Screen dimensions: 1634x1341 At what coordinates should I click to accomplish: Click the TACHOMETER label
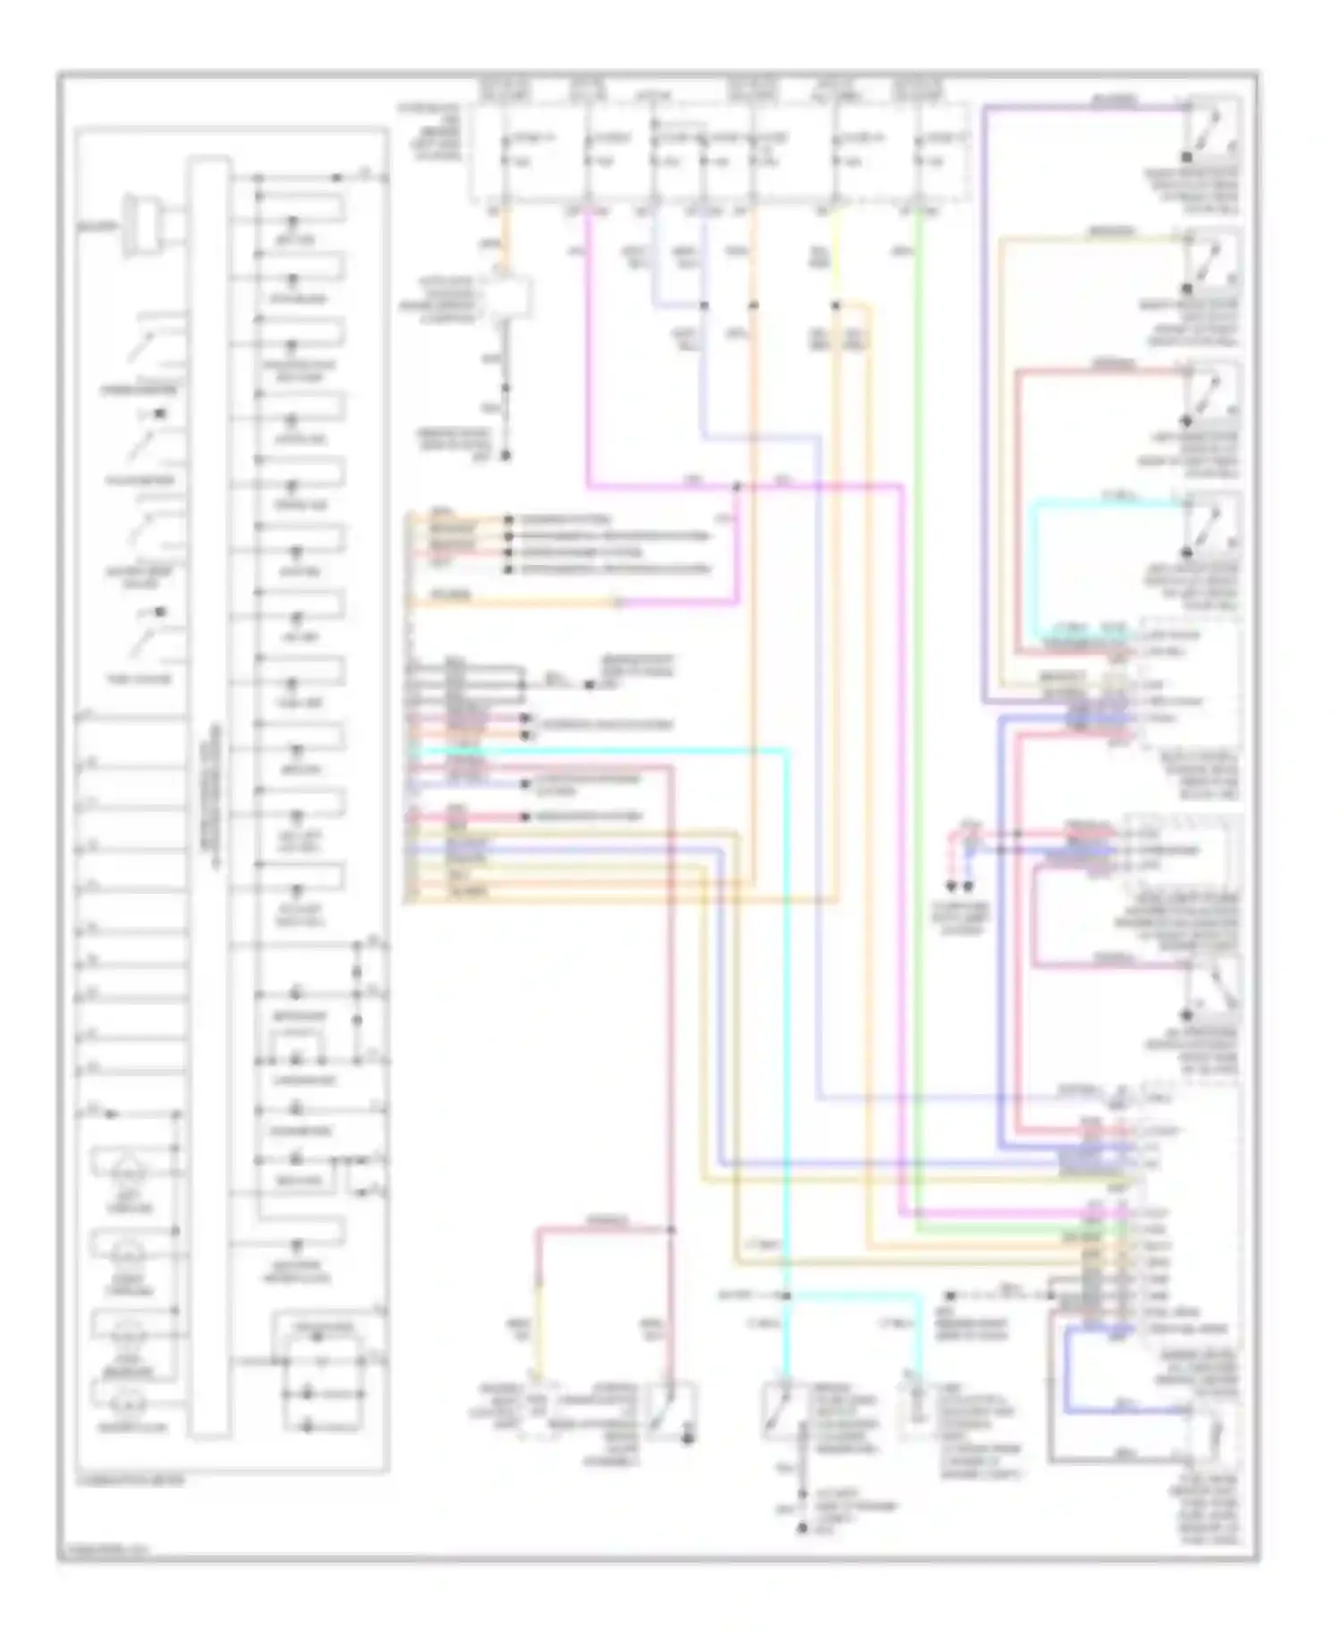(139, 480)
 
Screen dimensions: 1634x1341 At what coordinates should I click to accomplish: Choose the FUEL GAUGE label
(139, 678)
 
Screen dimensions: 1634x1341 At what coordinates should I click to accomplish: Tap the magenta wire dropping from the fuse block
(589, 358)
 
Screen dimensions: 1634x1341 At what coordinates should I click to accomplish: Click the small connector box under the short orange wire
(508, 296)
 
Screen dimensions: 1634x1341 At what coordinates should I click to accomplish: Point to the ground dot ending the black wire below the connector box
(505, 455)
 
